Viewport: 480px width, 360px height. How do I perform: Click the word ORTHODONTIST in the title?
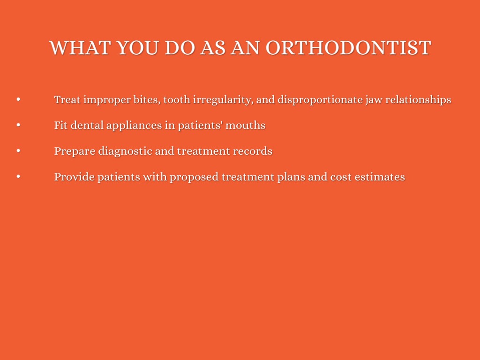click(348, 48)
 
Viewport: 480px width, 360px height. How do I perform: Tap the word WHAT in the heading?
click(80, 48)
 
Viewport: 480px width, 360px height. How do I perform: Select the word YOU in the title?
click(137, 48)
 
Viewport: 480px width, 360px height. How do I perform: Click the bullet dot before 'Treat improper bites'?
click(18, 99)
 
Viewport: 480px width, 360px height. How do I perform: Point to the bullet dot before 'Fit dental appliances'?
click(18, 125)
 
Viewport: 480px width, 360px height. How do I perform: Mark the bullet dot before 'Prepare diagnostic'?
click(18, 150)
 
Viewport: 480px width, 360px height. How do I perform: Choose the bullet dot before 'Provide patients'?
click(18, 176)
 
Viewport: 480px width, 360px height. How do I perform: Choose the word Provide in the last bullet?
click(75, 177)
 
